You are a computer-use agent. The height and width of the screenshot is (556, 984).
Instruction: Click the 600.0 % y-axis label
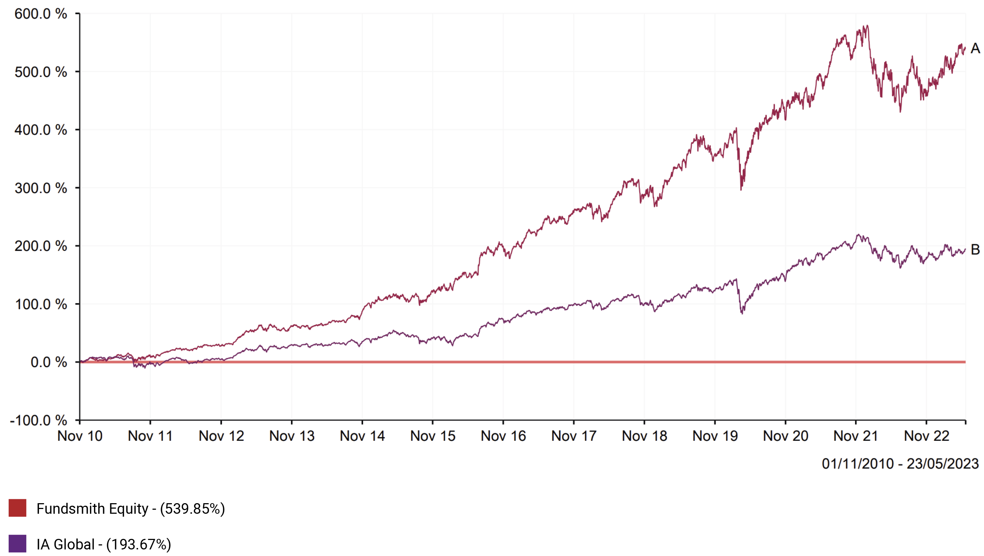point(40,14)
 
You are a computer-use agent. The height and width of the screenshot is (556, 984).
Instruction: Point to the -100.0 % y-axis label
point(38,420)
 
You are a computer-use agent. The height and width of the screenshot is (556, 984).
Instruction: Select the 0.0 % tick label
point(48,362)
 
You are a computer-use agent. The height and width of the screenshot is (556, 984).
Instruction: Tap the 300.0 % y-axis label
point(40,188)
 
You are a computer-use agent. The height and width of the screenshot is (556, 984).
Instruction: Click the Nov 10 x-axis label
point(80,436)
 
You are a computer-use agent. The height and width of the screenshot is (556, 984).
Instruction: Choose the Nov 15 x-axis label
point(433,436)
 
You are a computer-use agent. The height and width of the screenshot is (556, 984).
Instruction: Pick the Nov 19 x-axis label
point(715,436)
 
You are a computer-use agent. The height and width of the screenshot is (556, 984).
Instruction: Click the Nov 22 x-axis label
point(927,436)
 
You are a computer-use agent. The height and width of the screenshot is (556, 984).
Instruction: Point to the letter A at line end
point(975,48)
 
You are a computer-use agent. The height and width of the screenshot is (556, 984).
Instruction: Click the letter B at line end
point(975,250)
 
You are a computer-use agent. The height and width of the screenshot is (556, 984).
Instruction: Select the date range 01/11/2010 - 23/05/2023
point(900,464)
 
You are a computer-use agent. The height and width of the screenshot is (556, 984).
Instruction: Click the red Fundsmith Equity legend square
point(17,508)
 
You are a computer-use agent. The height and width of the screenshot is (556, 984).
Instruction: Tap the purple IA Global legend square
point(17,543)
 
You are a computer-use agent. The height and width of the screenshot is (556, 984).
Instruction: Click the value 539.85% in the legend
point(193,509)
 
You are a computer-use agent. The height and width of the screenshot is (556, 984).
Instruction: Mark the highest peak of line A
point(867,26)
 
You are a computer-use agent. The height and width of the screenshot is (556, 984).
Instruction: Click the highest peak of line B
point(858,235)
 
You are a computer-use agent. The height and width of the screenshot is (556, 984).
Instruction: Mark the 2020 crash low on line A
point(741,189)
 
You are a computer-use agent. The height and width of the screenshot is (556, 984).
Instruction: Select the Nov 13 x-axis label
point(292,436)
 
